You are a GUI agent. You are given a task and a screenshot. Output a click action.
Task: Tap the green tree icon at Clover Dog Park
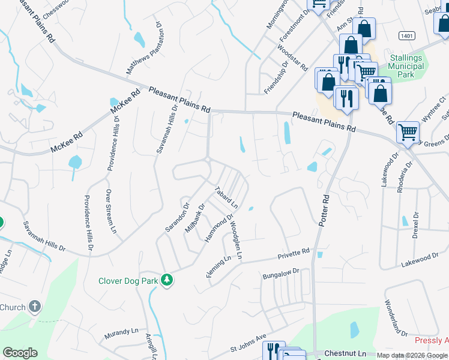click(167, 280)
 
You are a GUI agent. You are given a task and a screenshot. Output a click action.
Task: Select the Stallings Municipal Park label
click(406, 66)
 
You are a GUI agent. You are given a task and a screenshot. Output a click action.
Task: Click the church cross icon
click(35, 307)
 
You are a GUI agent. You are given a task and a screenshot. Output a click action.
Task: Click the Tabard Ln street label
click(227, 197)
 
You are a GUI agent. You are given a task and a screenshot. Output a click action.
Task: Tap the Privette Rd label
click(294, 254)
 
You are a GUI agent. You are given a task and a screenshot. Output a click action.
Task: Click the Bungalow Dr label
click(281, 275)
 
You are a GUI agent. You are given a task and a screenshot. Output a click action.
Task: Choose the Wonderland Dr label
click(396, 318)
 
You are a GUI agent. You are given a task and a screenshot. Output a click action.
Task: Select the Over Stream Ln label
click(110, 211)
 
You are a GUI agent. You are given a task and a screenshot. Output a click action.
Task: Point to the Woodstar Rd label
click(295, 58)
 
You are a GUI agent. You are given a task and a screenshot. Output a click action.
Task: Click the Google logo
click(20, 353)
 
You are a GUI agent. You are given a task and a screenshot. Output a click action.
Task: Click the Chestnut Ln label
click(345, 354)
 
